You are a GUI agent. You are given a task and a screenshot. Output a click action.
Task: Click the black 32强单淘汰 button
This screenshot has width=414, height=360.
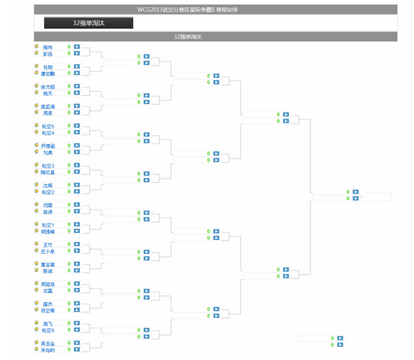point(88,23)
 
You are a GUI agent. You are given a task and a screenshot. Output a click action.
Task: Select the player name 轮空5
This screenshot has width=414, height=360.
point(48,126)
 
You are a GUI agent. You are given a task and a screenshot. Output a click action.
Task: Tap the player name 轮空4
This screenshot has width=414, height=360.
point(48,132)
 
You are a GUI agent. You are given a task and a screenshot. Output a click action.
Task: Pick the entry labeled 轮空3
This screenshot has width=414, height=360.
point(48,166)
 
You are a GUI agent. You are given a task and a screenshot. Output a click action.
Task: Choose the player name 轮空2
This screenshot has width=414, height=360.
point(48,192)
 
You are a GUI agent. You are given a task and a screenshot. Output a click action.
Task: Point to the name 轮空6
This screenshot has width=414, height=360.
point(48,330)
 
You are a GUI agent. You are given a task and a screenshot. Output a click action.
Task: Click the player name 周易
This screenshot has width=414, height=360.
point(48,112)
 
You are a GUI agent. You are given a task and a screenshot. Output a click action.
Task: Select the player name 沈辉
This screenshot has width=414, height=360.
point(48,186)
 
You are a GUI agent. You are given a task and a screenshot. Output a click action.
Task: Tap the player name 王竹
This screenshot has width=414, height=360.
point(48,245)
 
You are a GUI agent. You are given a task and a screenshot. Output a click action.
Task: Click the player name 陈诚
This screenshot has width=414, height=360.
point(48,271)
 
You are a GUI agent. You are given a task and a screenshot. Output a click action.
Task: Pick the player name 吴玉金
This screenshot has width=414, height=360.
point(48,343)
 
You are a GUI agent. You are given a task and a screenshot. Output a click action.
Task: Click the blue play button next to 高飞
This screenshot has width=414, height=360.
point(77,323)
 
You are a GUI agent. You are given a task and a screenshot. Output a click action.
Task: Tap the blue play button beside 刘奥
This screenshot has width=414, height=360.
point(77,152)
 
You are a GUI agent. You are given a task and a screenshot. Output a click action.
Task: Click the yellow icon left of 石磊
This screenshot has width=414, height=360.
point(36,290)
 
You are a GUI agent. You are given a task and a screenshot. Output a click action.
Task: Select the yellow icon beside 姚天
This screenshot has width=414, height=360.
point(36,93)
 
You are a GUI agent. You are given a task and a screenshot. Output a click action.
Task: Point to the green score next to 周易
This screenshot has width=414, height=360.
point(69,112)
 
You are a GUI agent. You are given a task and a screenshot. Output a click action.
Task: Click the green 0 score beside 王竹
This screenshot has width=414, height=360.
point(69,245)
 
